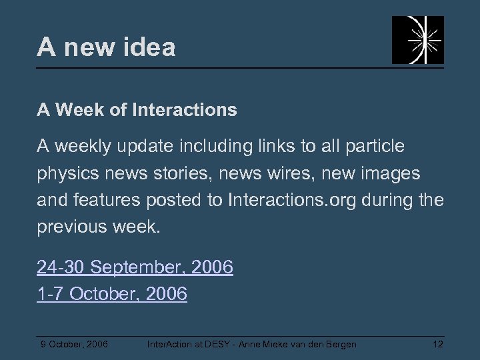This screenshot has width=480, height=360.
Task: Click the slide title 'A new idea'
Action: point(107,47)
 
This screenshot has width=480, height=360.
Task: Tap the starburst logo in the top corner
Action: point(417,40)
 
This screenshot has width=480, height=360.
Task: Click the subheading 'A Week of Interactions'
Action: point(137,110)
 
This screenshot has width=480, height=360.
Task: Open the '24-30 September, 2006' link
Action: point(135,268)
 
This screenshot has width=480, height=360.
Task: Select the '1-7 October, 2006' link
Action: point(112,293)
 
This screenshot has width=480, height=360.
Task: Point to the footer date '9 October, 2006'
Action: point(75,344)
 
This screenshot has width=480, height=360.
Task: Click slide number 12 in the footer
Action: point(438,344)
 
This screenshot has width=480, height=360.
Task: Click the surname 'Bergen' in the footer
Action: point(341,344)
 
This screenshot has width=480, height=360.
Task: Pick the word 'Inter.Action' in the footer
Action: point(169,344)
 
